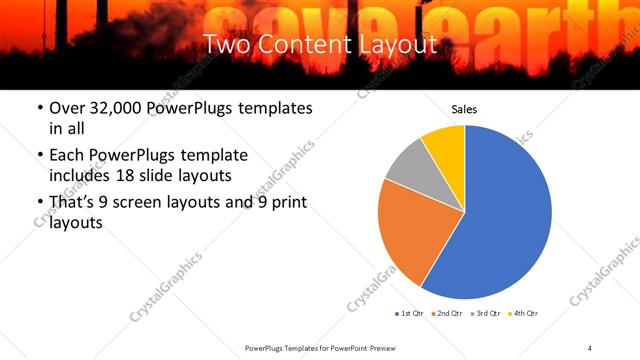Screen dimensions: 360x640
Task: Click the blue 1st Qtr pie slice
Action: click(505, 220)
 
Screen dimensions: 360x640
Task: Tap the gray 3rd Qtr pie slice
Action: click(409, 164)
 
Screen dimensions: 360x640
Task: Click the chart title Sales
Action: click(464, 109)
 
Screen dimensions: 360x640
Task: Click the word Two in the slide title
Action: click(227, 44)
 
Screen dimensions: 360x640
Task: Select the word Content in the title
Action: click(304, 44)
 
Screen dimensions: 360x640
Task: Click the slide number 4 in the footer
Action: click(590, 347)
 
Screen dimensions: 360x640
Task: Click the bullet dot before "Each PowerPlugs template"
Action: click(39, 156)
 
